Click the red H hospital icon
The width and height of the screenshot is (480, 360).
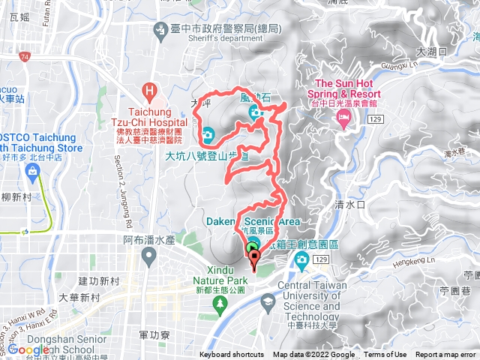(151, 91)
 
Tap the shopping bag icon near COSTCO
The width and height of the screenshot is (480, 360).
(33, 172)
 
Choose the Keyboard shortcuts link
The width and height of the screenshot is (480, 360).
(232, 355)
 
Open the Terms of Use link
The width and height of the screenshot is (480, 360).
(385, 355)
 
